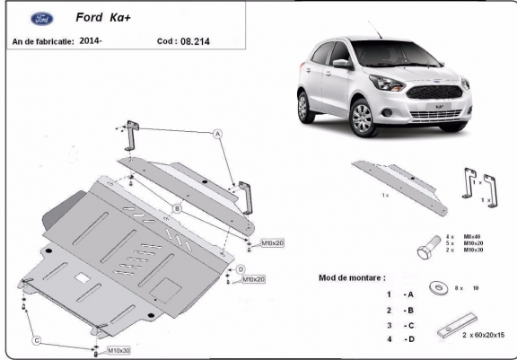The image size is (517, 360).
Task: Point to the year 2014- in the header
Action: tap(91, 40)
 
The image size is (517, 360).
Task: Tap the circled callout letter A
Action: tap(216, 134)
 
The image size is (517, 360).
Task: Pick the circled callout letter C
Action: tap(37, 340)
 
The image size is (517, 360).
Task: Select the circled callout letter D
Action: tap(241, 269)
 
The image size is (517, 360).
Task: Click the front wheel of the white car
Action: tap(363, 119)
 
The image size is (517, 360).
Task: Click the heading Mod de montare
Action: tap(352, 277)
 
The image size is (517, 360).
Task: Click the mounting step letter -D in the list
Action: tap(409, 339)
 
